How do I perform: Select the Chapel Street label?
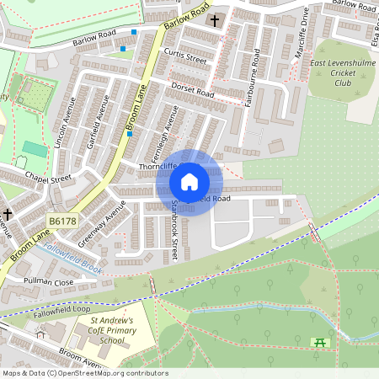(48, 178)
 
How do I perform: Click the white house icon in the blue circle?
(189, 181)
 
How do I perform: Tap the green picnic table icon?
(319, 342)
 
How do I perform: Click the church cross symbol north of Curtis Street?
(214, 19)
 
